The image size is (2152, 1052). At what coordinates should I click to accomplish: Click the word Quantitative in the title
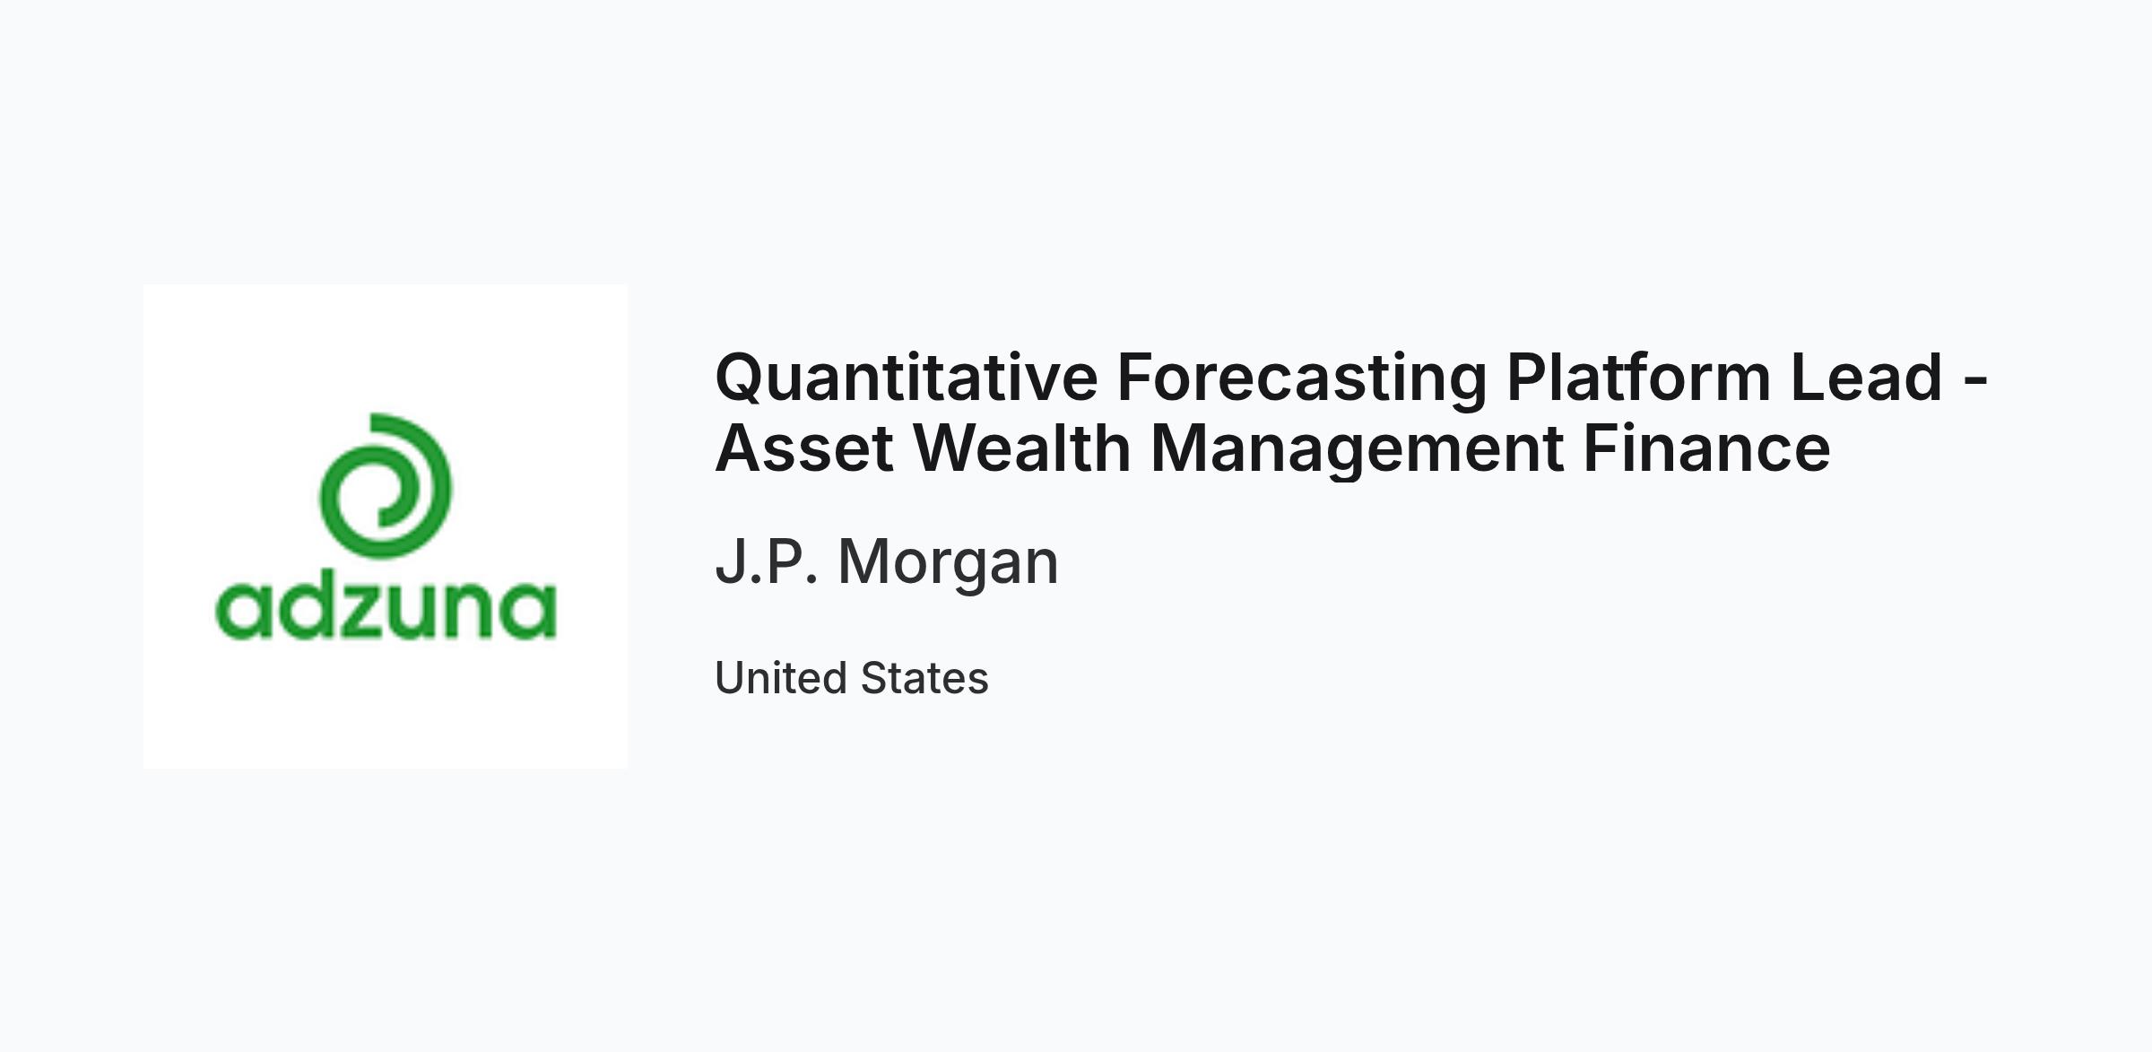[x=907, y=378]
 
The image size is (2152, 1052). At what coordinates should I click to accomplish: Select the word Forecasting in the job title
[x=1302, y=378]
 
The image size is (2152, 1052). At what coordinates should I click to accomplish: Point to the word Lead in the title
[x=1867, y=377]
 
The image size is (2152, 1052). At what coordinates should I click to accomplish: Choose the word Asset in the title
[x=804, y=448]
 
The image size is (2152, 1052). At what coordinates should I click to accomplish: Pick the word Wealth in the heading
[x=1022, y=448]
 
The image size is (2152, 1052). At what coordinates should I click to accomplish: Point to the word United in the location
[x=778, y=678]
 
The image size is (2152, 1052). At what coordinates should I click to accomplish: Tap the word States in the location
[x=924, y=678]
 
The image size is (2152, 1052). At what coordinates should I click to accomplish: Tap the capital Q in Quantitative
[x=743, y=378]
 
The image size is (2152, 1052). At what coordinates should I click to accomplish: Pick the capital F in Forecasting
[x=1138, y=377]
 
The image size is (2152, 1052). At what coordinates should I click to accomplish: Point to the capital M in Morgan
[x=864, y=562]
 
